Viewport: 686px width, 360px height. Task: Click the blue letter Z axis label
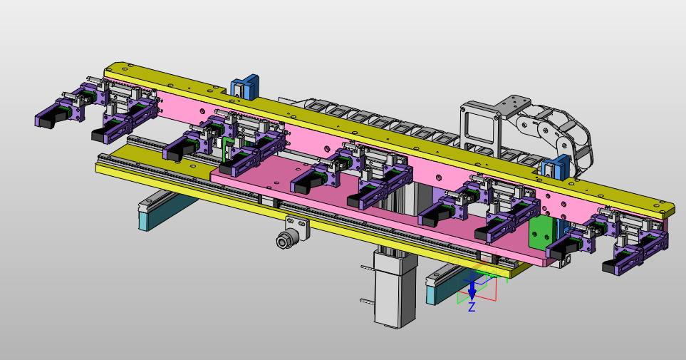[x=472, y=307]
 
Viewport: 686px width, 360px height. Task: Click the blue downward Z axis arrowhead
[x=472, y=292]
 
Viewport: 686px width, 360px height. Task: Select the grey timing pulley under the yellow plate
[x=284, y=240]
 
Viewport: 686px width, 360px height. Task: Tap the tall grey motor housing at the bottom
[x=395, y=289]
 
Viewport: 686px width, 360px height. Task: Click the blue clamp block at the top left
[x=245, y=86]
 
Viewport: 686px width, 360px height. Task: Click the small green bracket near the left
[x=227, y=148]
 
